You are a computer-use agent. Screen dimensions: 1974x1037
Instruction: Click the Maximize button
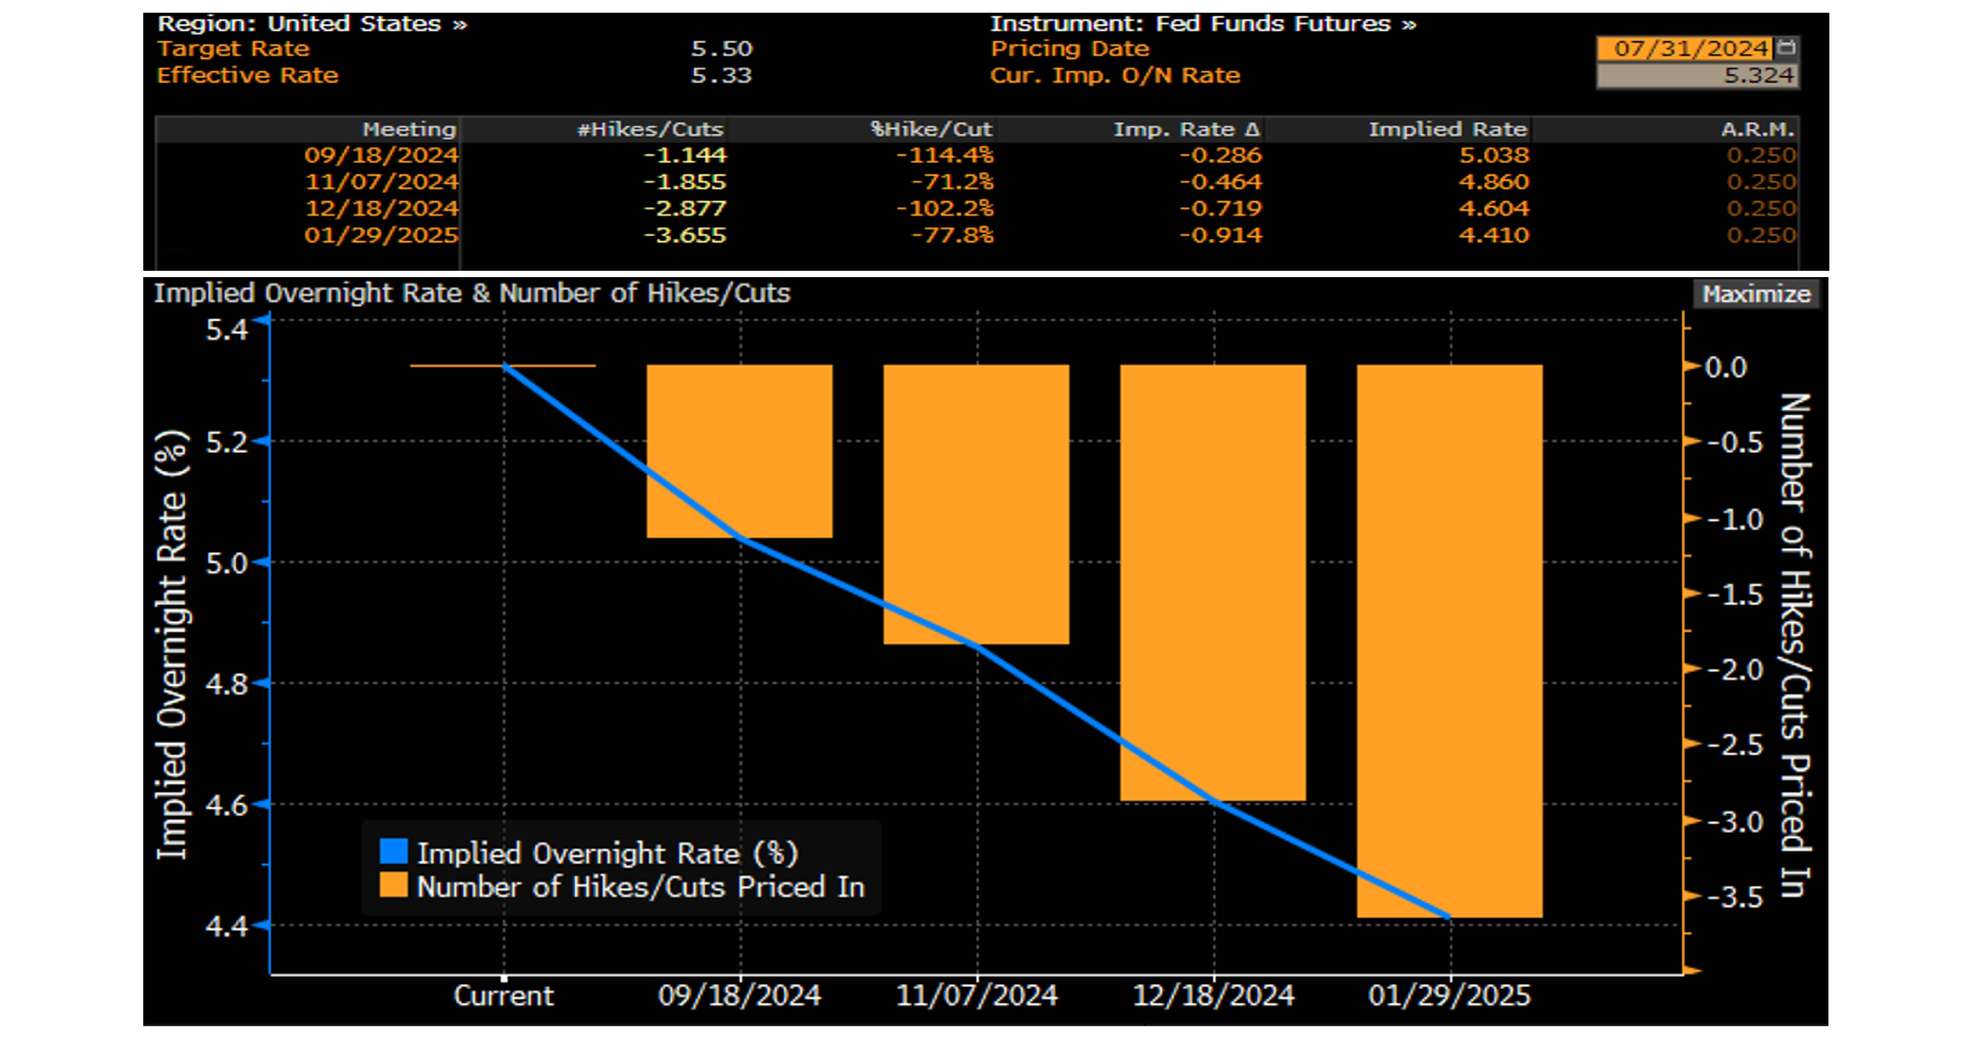point(1756,294)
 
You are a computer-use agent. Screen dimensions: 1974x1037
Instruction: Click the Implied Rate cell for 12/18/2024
point(1494,209)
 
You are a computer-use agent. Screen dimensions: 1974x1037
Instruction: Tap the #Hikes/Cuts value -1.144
point(684,156)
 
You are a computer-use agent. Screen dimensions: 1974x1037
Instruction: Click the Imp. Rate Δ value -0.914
point(1220,235)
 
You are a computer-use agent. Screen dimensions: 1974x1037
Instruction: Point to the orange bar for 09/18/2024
point(739,451)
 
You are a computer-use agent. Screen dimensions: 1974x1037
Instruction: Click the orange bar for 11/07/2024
point(976,504)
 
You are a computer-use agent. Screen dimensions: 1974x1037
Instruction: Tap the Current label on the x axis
point(504,996)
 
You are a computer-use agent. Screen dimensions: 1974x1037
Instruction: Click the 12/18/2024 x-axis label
point(1213,996)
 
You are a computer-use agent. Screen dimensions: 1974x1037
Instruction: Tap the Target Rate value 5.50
point(721,49)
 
